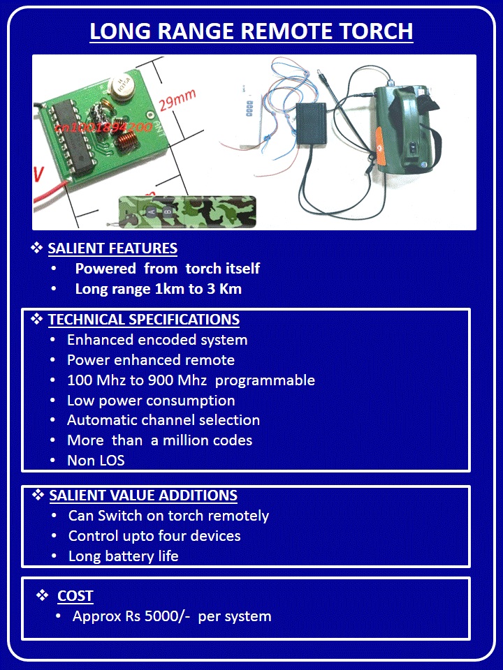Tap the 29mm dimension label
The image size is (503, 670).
coord(177,99)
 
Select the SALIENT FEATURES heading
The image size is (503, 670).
coord(112,248)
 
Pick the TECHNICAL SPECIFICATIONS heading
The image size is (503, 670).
coord(144,319)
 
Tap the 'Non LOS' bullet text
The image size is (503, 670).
coord(96,460)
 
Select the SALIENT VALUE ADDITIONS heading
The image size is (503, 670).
coord(143,496)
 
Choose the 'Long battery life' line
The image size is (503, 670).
coord(123,556)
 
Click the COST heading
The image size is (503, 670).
coord(75,595)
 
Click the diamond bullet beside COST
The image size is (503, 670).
coord(42,595)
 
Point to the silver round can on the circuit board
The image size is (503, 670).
coord(121,85)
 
